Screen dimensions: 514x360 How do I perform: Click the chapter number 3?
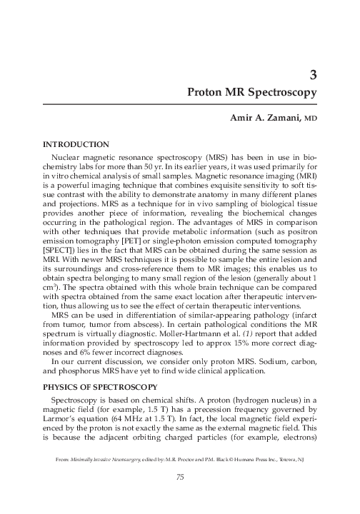tap(313, 74)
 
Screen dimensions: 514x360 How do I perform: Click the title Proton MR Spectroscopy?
tap(252, 93)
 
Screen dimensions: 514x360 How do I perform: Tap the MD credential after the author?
tap(310, 125)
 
